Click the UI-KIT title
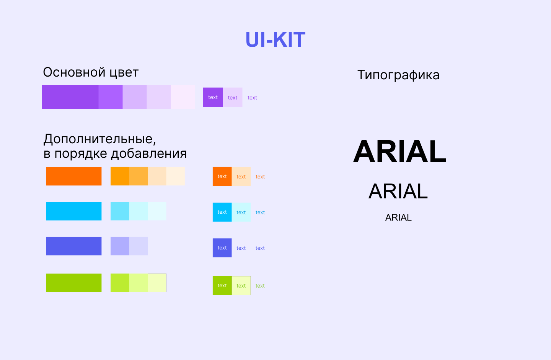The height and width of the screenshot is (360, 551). [275, 40]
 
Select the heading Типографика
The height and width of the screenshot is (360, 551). [398, 75]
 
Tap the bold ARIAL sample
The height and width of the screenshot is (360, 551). [399, 151]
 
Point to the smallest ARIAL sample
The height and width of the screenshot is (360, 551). [398, 218]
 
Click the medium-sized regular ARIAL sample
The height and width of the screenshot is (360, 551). [398, 191]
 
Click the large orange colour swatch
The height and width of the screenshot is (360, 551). [73, 176]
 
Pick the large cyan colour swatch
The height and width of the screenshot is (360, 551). [73, 211]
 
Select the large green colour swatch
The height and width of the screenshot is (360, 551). [73, 283]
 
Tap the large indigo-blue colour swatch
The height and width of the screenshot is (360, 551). [73, 246]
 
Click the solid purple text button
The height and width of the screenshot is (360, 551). [213, 97]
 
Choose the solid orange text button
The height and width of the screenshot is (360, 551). [222, 177]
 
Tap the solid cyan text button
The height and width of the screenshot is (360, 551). [222, 212]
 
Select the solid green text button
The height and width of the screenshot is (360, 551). [222, 286]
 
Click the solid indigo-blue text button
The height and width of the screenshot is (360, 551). [222, 248]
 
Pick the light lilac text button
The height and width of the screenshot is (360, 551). [233, 98]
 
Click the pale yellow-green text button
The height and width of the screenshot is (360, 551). [241, 286]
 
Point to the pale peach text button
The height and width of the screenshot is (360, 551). [241, 177]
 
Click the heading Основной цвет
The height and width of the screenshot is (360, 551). [91, 72]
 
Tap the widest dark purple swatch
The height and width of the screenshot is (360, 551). [70, 97]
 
